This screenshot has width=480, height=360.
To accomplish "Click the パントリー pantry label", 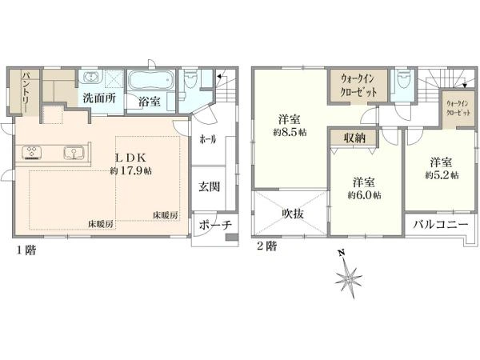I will [26, 92].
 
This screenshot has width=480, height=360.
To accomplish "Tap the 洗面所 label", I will [100, 98].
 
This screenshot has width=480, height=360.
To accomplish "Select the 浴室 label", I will [149, 102].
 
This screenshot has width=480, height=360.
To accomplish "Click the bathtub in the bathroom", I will [150, 82].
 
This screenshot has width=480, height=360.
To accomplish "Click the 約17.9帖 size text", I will [126, 170].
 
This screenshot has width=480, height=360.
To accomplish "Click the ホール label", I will [208, 138].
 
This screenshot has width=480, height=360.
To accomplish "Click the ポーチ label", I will [214, 225].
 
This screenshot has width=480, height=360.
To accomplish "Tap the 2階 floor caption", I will [266, 246].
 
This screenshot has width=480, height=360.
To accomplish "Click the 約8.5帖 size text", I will [290, 132].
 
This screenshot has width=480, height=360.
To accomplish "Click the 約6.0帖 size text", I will [365, 194].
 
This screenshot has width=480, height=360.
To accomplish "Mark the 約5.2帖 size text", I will [442, 174].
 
